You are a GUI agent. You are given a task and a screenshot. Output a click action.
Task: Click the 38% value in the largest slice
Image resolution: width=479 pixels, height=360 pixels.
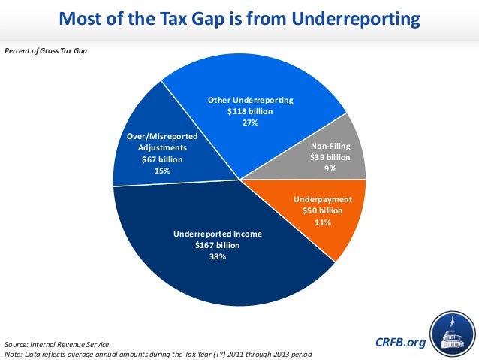[218, 256]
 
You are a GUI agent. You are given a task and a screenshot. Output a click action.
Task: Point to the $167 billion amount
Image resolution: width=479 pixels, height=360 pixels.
[218, 245]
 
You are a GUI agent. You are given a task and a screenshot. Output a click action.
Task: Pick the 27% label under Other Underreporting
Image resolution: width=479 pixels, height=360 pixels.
[250, 123]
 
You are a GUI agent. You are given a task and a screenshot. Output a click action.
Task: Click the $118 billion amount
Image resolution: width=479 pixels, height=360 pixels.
[250, 111]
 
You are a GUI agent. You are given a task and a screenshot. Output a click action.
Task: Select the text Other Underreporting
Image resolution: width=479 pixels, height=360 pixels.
[250, 100]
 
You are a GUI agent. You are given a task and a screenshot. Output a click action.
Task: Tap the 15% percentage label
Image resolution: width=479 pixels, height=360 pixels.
[162, 171]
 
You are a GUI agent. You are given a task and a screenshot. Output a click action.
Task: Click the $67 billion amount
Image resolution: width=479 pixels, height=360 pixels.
[162, 159]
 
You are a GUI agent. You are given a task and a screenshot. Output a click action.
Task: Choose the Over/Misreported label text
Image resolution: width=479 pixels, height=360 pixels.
[162, 136]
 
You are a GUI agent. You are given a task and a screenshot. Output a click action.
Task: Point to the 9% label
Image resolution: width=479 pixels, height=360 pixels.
[330, 169]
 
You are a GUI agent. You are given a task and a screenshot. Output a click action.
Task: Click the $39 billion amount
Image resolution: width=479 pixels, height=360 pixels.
[330, 158]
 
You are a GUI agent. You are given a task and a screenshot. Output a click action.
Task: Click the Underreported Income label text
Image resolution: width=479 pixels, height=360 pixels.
[218, 234]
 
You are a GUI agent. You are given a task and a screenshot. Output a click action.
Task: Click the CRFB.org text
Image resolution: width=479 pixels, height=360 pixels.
[399, 343]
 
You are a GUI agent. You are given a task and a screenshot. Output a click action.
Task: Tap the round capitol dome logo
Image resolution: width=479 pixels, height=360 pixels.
[453, 335]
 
